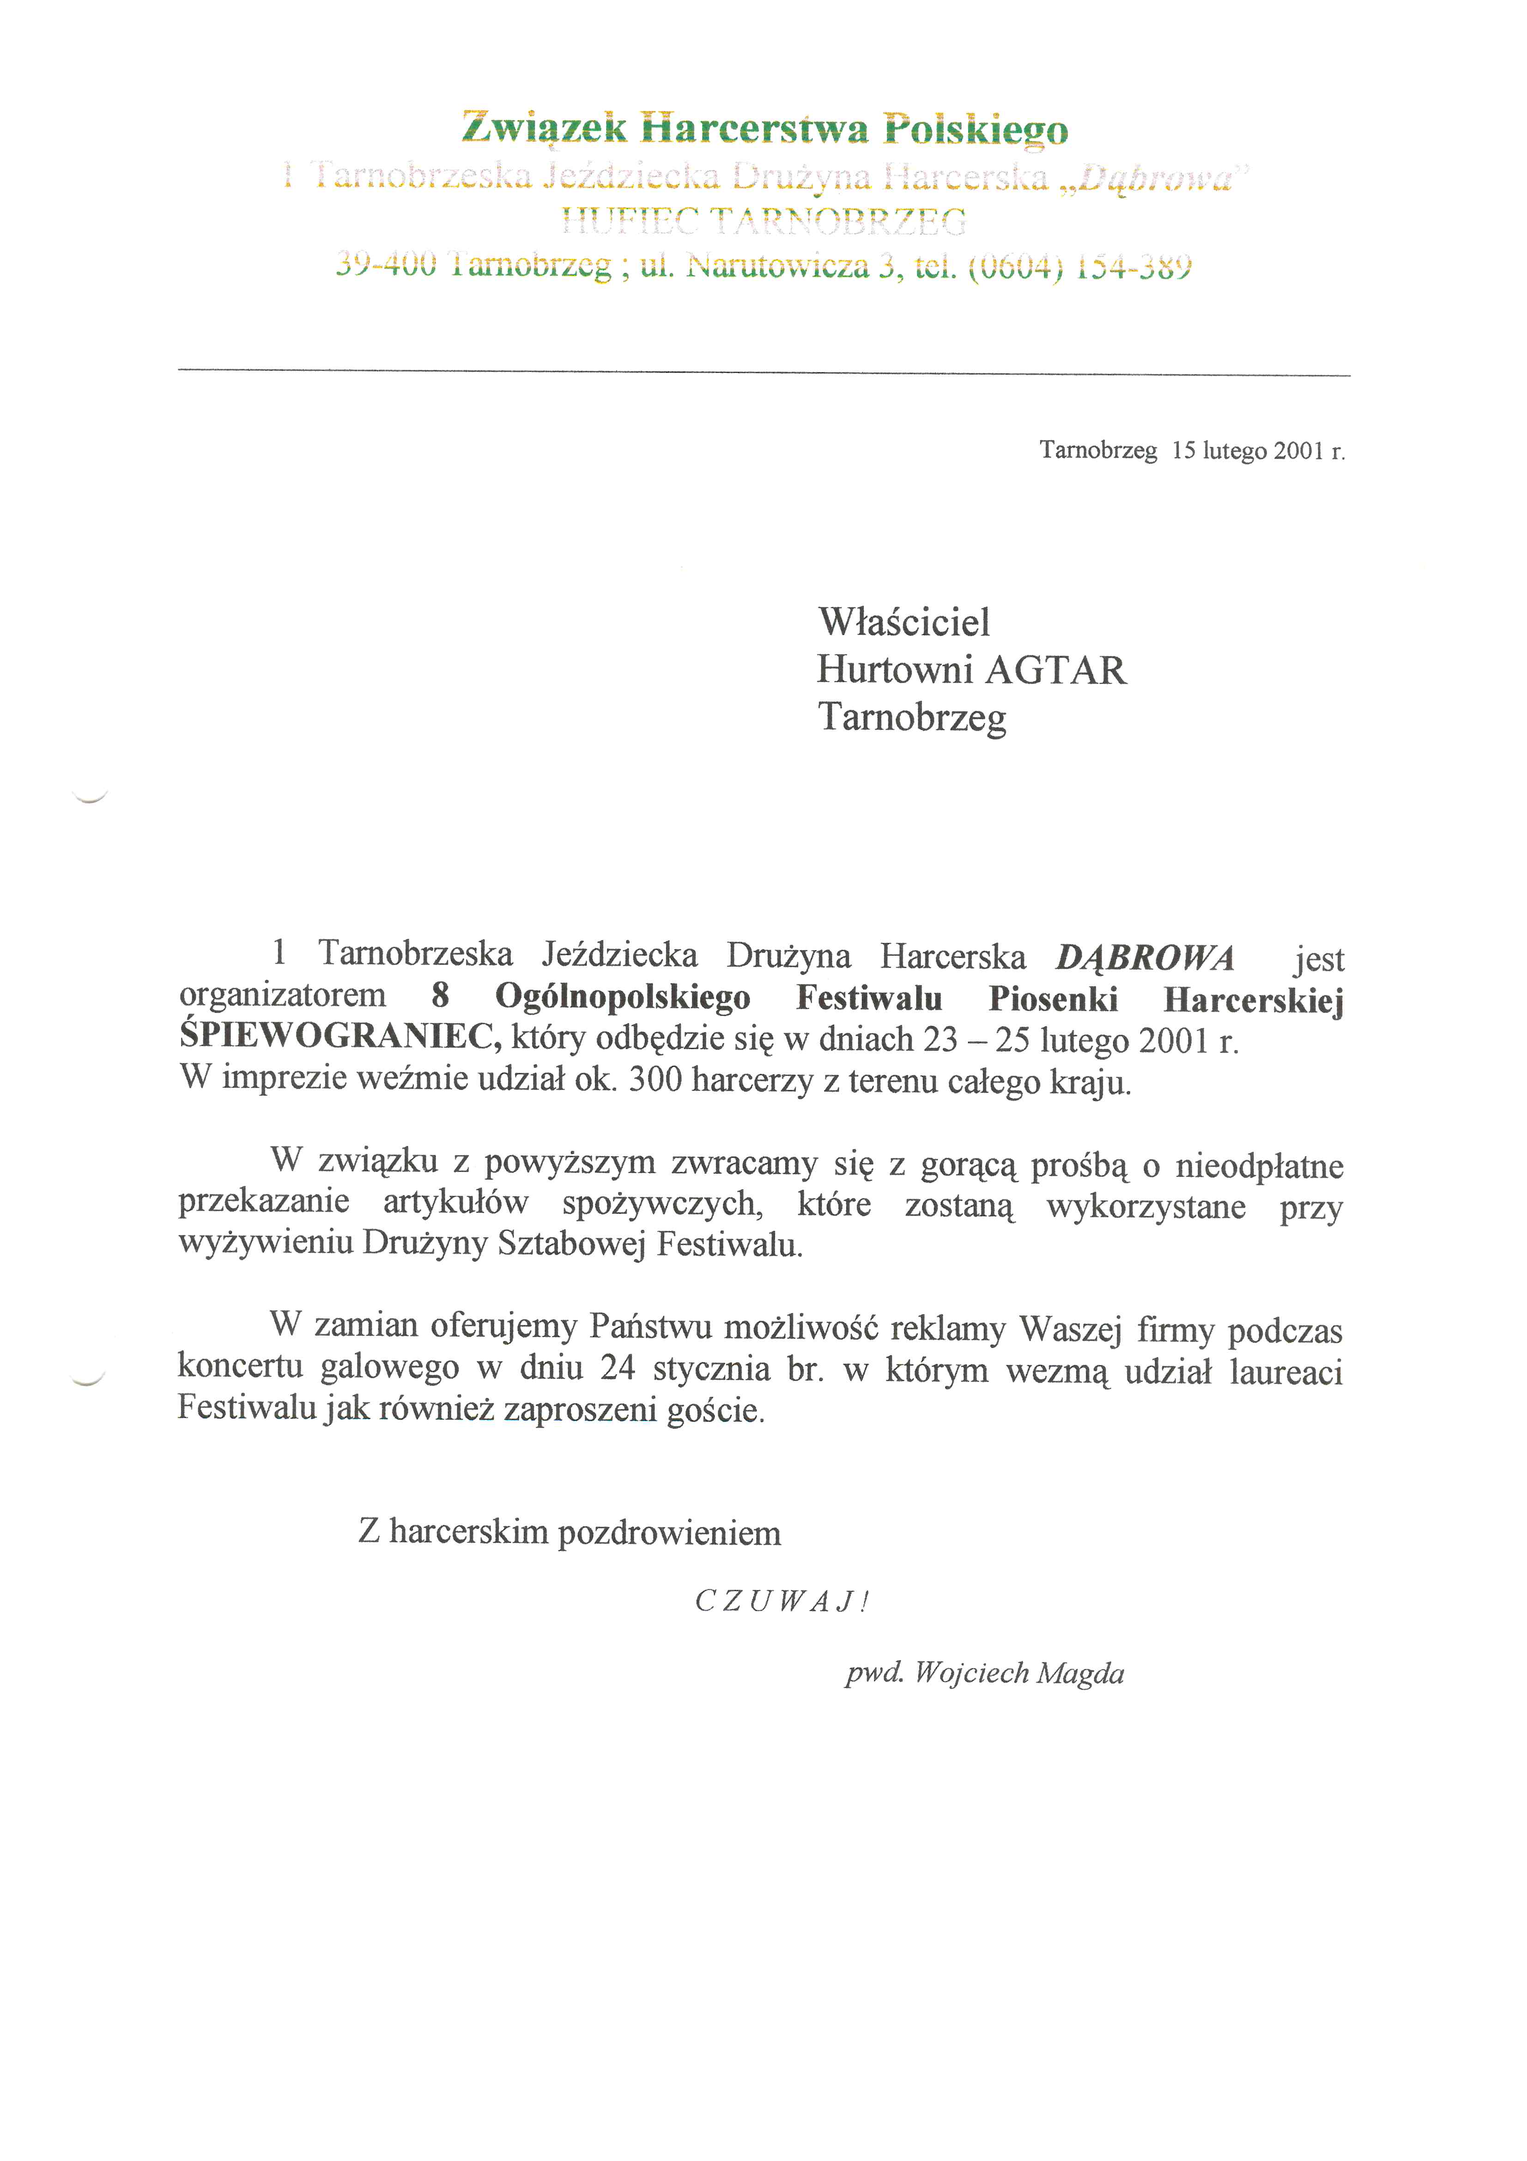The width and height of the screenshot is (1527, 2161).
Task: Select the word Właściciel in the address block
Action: point(903,622)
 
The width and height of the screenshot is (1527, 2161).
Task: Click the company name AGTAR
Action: point(1054,670)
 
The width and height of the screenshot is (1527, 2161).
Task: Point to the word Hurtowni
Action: point(894,670)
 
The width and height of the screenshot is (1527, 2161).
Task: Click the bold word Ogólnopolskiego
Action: point(623,998)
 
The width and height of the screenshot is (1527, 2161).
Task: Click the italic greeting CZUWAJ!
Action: point(782,1601)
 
